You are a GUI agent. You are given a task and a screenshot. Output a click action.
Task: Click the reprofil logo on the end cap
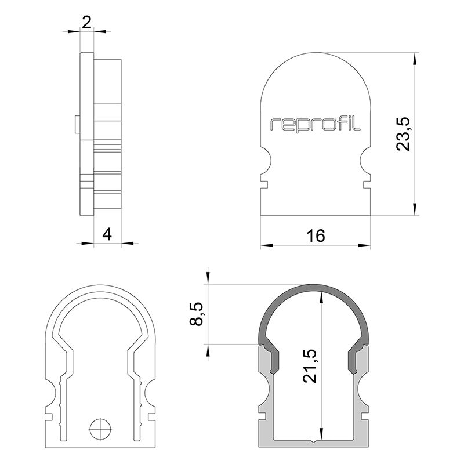click(x=316, y=124)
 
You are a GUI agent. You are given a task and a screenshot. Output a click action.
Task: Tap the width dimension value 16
click(x=316, y=235)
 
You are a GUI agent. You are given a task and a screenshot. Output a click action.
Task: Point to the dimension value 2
click(x=87, y=23)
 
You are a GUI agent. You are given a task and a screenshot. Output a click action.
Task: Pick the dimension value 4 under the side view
click(x=107, y=234)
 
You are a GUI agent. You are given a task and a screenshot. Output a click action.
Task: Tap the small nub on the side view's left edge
click(x=77, y=124)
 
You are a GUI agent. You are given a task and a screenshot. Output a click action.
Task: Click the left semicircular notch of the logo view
click(x=265, y=159)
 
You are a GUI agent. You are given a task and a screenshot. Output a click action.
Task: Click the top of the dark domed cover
click(x=313, y=288)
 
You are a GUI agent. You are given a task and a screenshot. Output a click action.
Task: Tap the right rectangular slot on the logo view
click(x=367, y=184)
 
